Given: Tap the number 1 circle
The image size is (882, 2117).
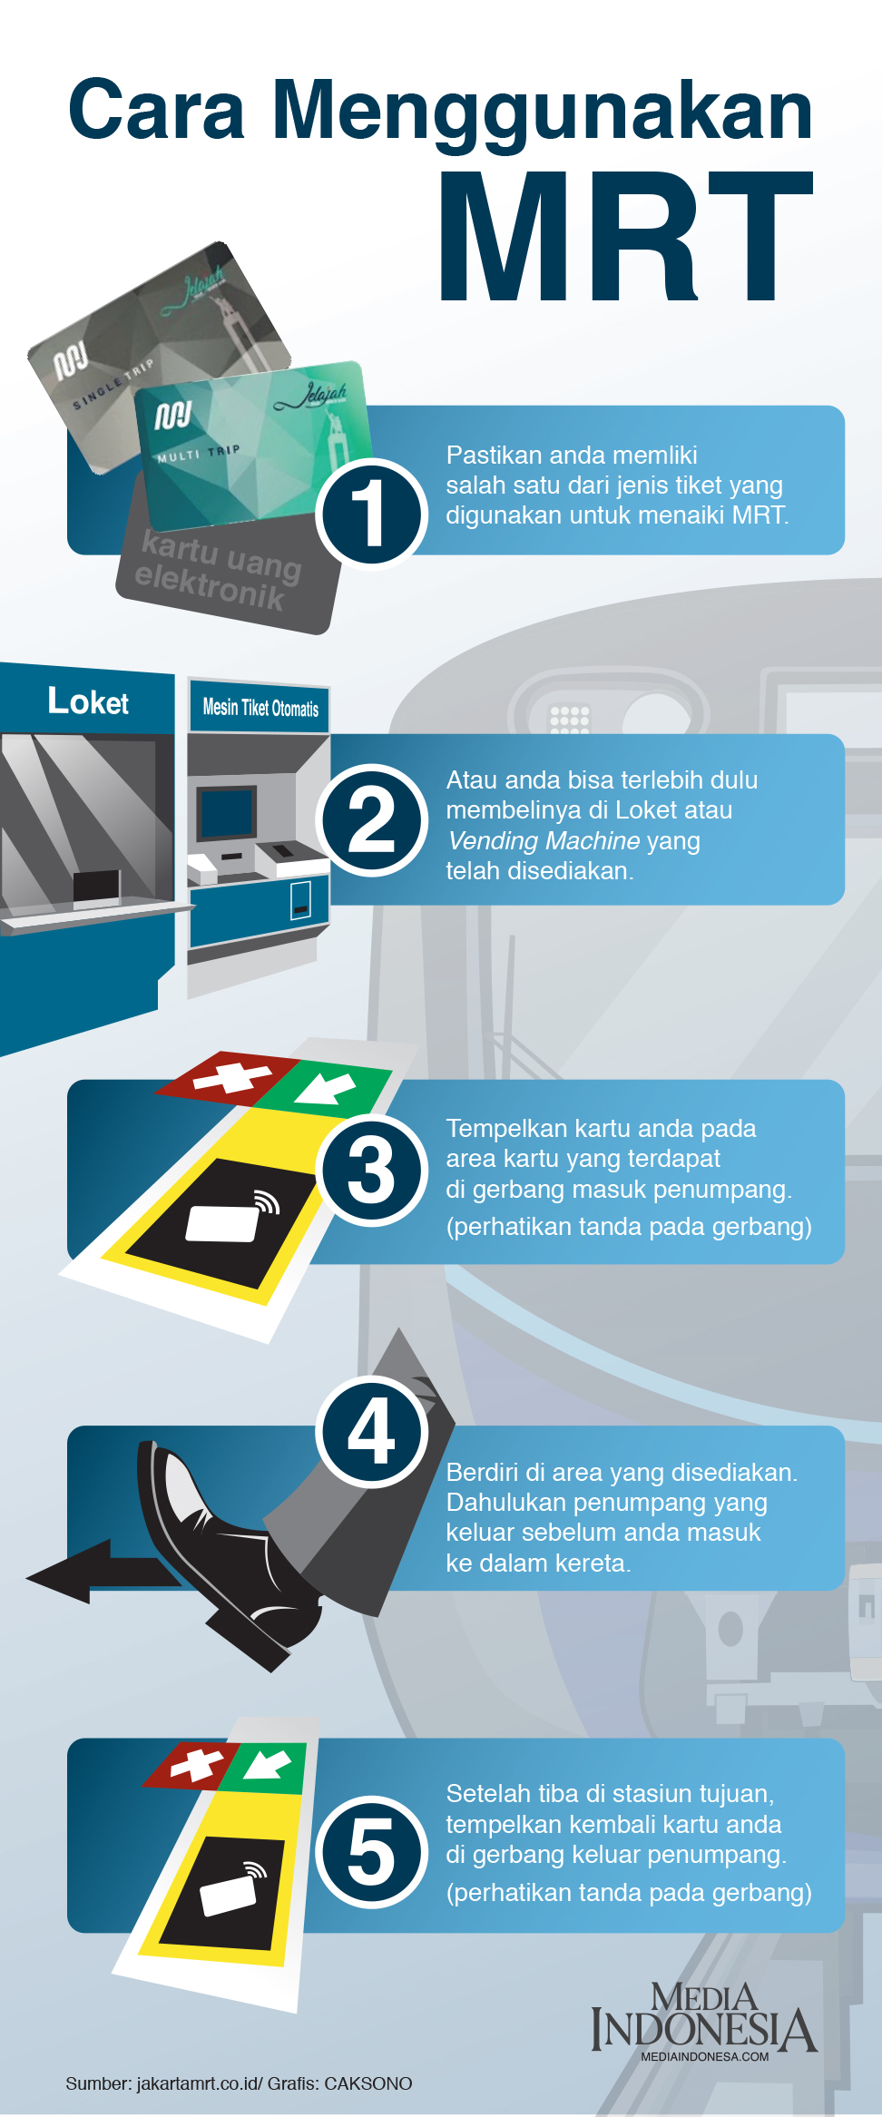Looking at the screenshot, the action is point(371,513).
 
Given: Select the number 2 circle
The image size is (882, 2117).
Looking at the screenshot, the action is point(371,819).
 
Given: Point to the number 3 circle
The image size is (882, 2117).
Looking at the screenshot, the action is point(371,1170).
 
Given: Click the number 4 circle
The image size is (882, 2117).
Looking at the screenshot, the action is point(371,1431).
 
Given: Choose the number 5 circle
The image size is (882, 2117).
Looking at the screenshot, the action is point(371,1852).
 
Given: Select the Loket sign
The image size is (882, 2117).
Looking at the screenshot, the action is point(88,701).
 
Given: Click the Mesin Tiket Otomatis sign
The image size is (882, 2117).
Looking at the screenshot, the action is point(260,708).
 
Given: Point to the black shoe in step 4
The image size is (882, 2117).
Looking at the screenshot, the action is point(227,1552).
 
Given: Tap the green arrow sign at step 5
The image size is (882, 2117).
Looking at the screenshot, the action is point(269,1767).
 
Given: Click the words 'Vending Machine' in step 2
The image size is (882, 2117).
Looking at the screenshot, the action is point(544,840).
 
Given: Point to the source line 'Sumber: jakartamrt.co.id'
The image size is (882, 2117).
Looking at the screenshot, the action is point(162,2083).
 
